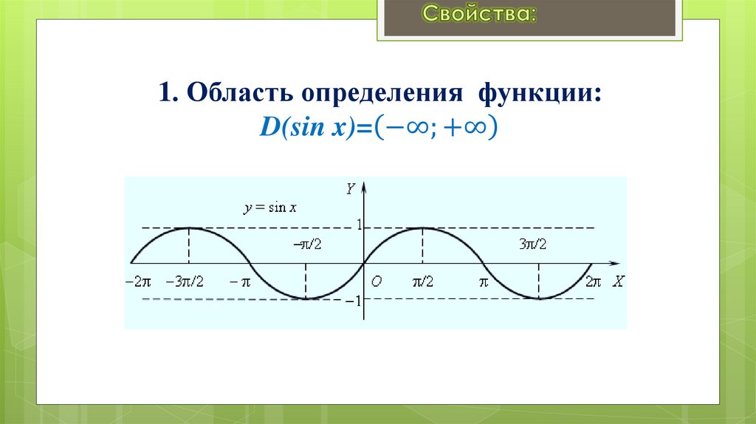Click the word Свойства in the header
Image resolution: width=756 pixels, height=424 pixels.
(x=478, y=14)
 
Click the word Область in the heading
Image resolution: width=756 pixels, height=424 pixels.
(x=236, y=97)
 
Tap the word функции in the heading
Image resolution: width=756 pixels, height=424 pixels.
(x=538, y=97)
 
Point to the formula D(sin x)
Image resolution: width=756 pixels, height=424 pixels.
(x=303, y=129)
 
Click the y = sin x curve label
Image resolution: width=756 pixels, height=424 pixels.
(x=270, y=208)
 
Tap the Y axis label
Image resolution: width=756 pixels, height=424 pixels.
(x=351, y=189)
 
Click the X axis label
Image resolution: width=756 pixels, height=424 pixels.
(x=618, y=281)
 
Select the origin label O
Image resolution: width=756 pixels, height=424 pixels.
(x=376, y=281)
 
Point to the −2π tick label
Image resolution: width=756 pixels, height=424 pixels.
(x=138, y=281)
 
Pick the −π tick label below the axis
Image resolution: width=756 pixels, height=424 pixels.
(x=241, y=281)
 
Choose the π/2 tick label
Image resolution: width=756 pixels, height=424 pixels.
(x=422, y=281)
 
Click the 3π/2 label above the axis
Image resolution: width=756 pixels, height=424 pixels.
(x=532, y=244)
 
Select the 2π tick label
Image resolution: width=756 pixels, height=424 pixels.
(x=594, y=281)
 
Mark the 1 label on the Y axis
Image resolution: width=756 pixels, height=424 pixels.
(x=359, y=225)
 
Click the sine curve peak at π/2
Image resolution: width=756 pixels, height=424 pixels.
(x=422, y=228)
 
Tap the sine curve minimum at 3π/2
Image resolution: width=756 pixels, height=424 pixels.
(x=539, y=298)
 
